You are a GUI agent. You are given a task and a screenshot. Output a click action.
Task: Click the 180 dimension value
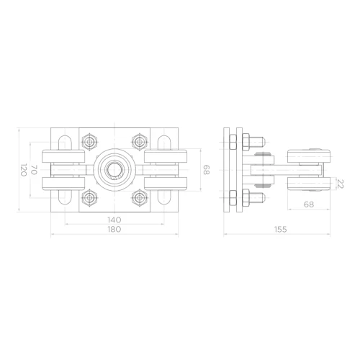pyautogui.click(x=114, y=229)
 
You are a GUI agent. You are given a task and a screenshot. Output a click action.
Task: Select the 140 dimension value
pyautogui.click(x=114, y=220)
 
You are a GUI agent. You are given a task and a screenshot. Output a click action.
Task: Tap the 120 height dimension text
pyautogui.click(x=23, y=170)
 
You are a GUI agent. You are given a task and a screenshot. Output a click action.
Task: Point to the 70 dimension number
pyautogui.click(x=34, y=170)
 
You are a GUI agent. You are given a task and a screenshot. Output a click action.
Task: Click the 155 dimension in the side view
pyautogui.click(x=280, y=230)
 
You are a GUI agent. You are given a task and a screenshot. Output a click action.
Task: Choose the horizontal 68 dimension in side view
pyautogui.click(x=309, y=204)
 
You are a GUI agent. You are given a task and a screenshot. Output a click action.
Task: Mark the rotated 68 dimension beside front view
pyautogui.click(x=207, y=170)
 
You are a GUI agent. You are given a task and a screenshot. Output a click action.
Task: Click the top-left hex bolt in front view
pyautogui.click(x=89, y=142)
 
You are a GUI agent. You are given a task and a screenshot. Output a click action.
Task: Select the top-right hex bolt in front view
pyautogui.click(x=140, y=142)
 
